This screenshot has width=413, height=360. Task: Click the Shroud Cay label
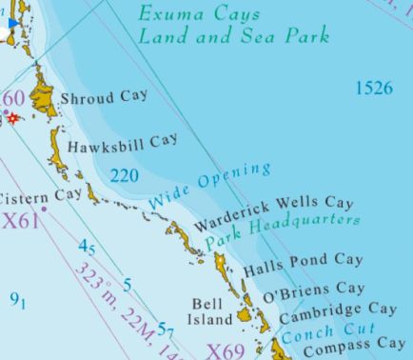tap(104, 97)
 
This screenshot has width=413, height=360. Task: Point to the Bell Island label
tap(209, 311)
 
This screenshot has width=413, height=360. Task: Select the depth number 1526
tap(374, 89)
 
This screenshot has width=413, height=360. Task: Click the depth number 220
tap(124, 175)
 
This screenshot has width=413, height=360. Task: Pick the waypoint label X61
tap(21, 221)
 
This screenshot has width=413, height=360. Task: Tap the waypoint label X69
tap(226, 350)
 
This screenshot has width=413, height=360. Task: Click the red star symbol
tap(13, 117)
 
